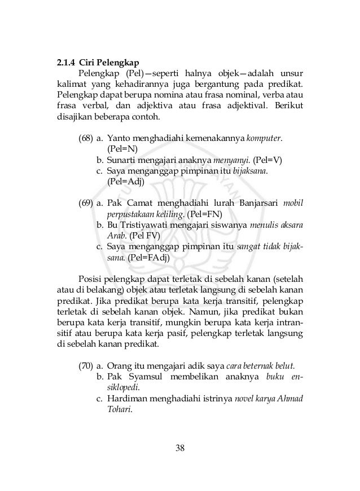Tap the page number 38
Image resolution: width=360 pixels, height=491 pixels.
[180, 448]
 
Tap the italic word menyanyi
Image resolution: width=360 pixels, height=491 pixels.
[232, 160]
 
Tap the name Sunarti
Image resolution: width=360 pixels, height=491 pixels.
[122, 160]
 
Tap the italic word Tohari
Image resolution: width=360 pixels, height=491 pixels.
[118, 409]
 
